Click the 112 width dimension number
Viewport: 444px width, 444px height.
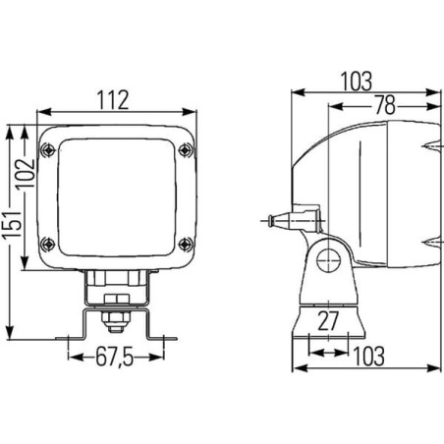(x=113, y=100)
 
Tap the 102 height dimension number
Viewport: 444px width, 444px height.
(x=27, y=173)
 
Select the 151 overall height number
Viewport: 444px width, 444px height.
(x=12, y=225)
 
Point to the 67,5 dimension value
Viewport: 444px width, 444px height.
(x=115, y=357)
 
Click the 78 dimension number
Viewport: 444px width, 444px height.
(x=385, y=105)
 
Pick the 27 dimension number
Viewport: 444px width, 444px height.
(x=328, y=320)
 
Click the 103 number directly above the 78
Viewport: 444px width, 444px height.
(x=357, y=82)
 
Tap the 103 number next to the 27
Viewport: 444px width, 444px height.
(x=369, y=357)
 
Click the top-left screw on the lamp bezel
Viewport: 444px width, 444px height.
(x=48, y=150)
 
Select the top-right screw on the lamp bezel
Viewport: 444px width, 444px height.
(x=186, y=150)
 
